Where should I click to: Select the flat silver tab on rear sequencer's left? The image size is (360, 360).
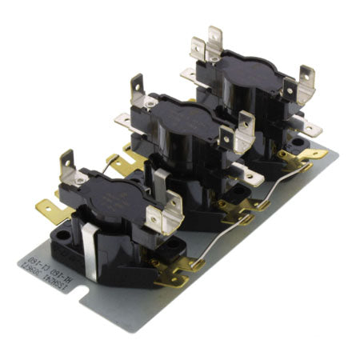click(x=190, y=76)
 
